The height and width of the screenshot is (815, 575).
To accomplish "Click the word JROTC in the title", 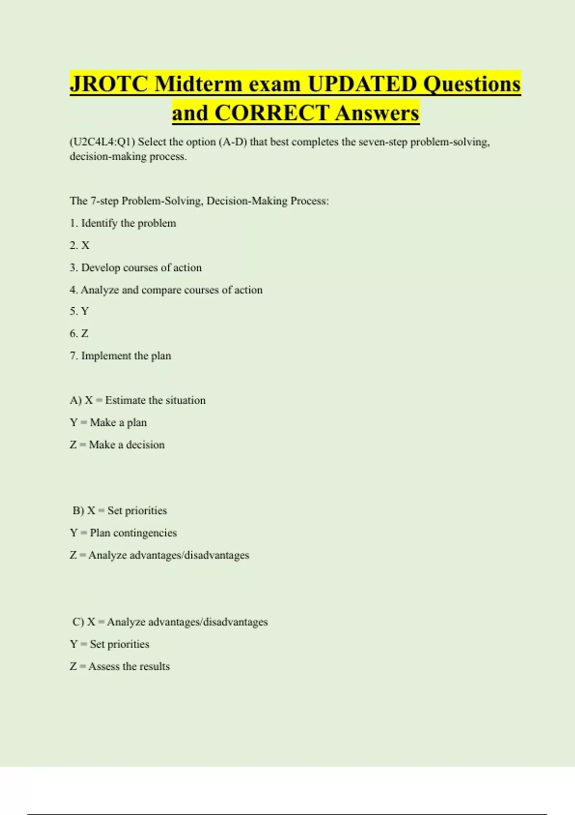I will click(x=109, y=84).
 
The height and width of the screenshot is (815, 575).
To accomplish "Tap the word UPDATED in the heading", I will click(x=362, y=84).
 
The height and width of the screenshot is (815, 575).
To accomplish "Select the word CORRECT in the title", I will click(x=272, y=113).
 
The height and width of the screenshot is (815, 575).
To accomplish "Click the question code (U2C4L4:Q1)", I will click(x=103, y=142).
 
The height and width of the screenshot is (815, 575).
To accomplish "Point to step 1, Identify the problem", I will click(x=123, y=223).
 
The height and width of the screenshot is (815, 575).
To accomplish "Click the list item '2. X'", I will click(x=80, y=245).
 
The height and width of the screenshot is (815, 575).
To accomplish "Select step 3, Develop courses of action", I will click(x=136, y=268).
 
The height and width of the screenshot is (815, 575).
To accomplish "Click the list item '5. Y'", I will click(x=79, y=312).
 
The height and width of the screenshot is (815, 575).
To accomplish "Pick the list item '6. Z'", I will click(x=79, y=334).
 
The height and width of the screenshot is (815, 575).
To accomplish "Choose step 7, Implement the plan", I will click(x=120, y=356).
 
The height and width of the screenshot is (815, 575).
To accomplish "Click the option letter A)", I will click(x=76, y=400).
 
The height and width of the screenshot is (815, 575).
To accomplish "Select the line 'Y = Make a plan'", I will click(x=108, y=422).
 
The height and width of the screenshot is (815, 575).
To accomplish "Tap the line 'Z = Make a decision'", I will click(x=117, y=445).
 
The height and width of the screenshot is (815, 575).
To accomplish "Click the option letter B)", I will click(x=78, y=511).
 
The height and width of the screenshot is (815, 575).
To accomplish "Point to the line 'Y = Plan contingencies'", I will click(x=123, y=533).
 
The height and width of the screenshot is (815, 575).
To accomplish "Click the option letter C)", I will click(x=78, y=622).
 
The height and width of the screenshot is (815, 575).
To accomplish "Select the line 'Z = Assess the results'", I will click(x=120, y=666).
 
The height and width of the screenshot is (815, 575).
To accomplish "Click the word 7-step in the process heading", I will click(x=104, y=201).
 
